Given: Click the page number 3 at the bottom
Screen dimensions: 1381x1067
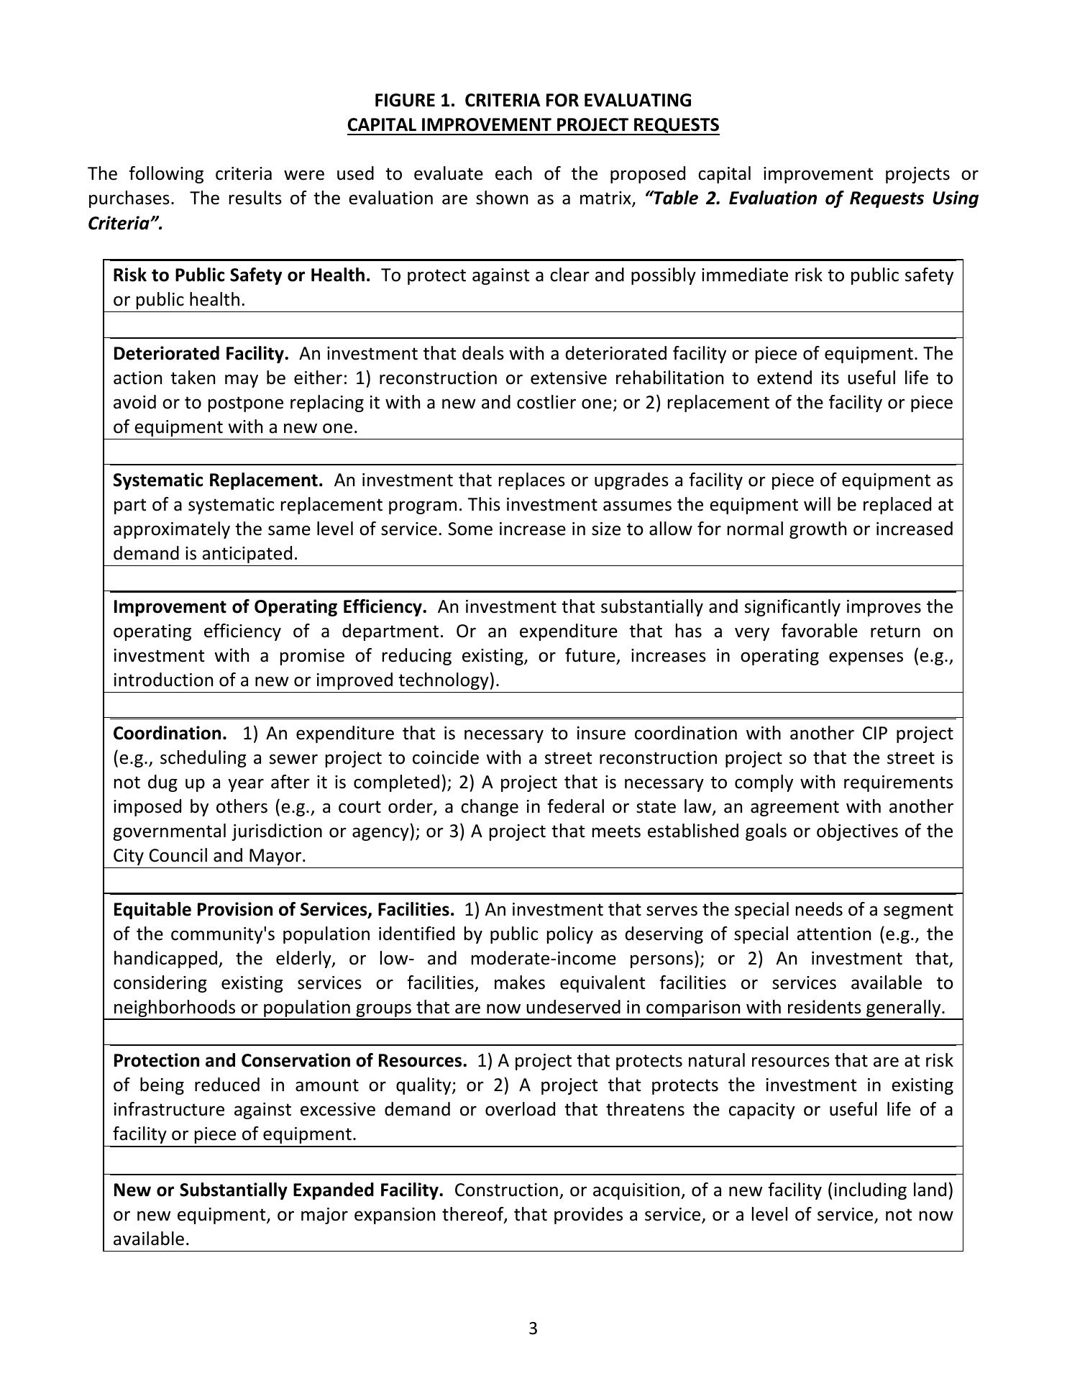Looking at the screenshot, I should (x=533, y=1328).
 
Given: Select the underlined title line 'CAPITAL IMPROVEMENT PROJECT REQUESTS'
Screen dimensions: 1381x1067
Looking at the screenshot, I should (x=533, y=124).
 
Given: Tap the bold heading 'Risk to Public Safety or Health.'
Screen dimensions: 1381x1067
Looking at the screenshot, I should (x=242, y=275).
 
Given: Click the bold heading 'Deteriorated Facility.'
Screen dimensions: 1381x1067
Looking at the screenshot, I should (x=201, y=353).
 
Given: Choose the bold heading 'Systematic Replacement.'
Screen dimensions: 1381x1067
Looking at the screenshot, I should (x=218, y=480).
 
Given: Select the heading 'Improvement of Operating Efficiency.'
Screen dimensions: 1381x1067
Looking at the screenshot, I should (x=270, y=606).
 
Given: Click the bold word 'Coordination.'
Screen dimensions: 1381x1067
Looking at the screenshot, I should (x=170, y=733).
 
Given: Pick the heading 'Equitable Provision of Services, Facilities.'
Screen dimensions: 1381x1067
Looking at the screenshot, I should (x=283, y=909).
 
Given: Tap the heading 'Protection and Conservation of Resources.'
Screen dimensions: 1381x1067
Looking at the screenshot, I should (x=290, y=1060).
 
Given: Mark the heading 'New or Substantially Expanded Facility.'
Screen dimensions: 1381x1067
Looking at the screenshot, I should (x=278, y=1190).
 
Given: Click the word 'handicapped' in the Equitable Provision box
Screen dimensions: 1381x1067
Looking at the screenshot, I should (x=164, y=958).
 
